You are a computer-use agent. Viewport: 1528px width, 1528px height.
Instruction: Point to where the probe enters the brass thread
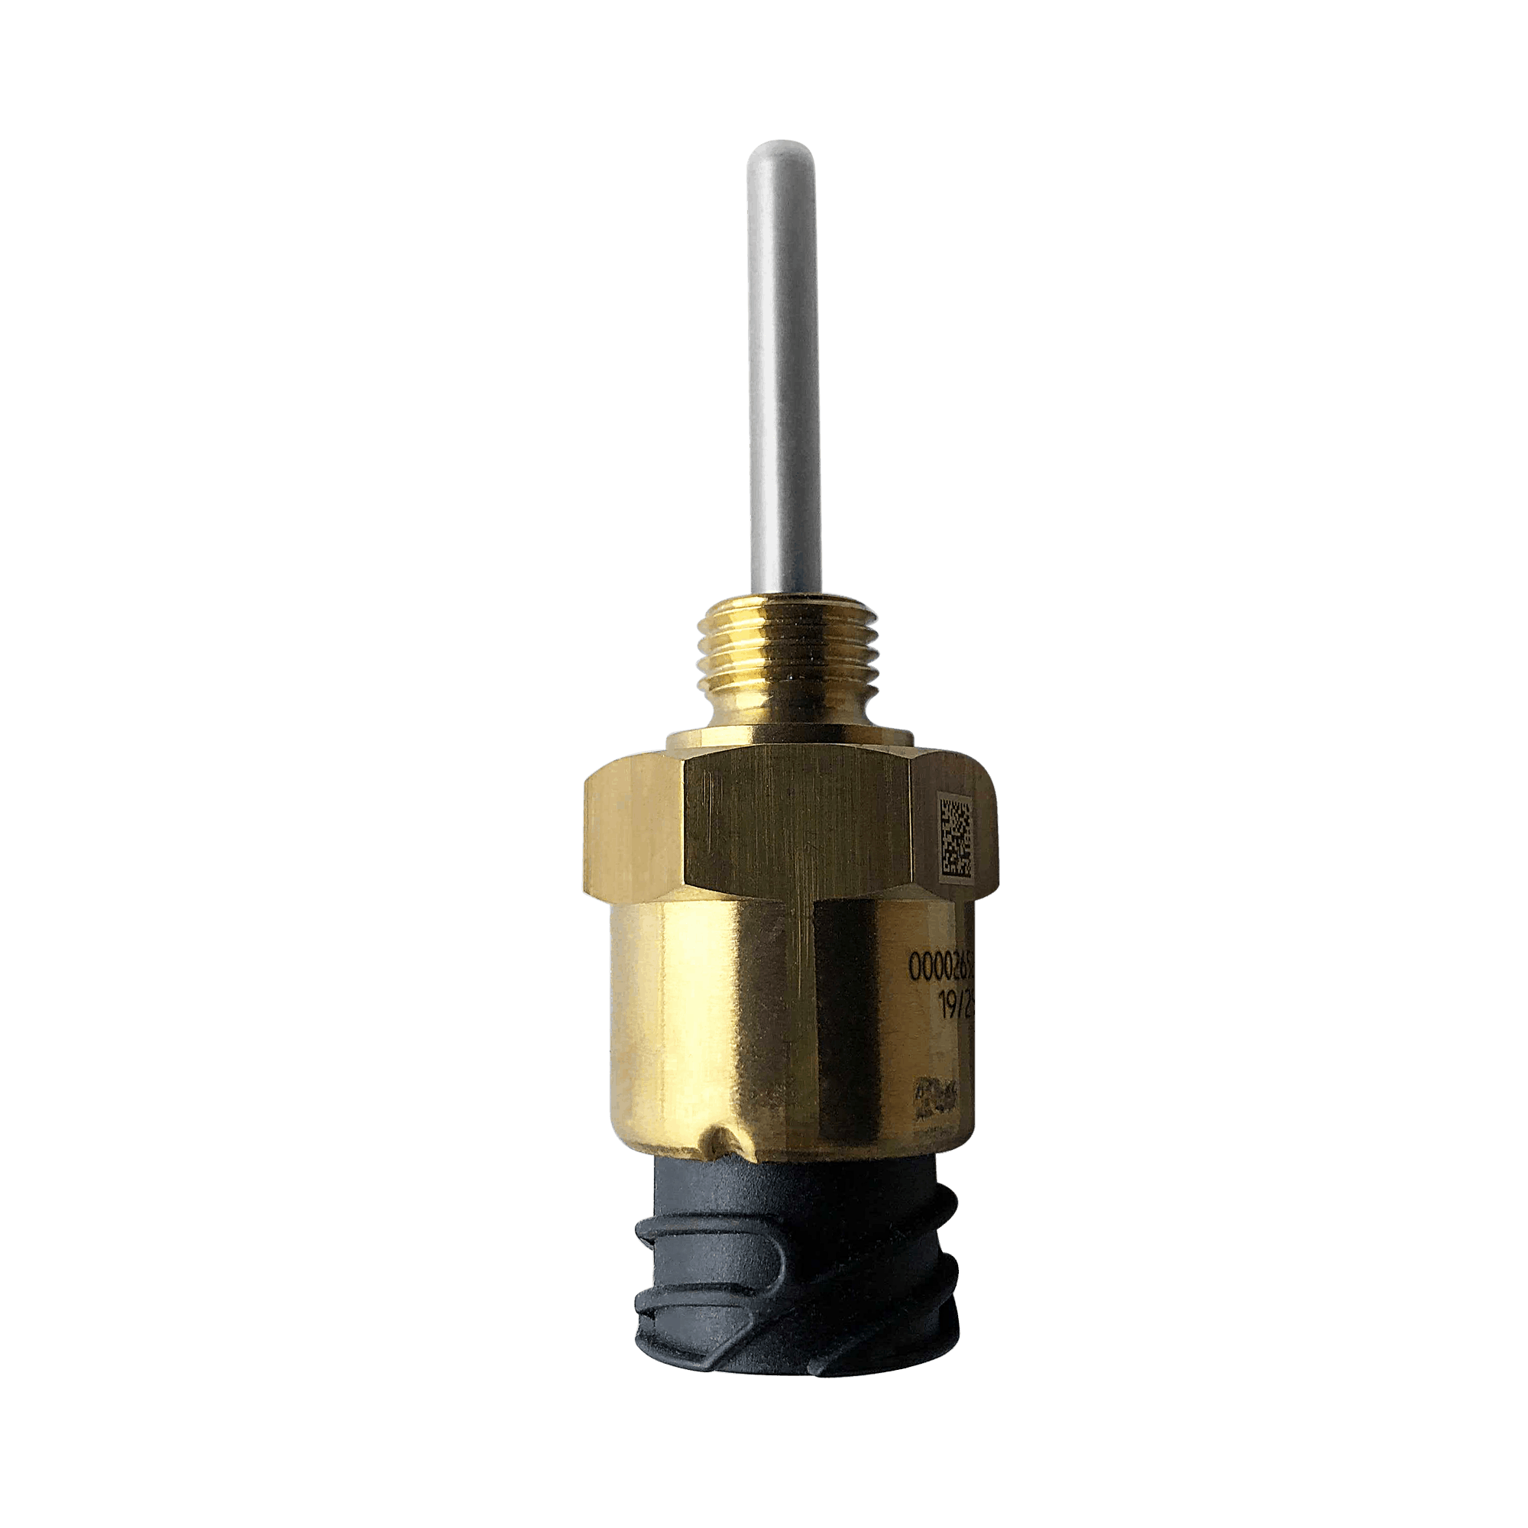coord(787,594)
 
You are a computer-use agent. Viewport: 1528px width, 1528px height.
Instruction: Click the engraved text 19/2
coord(953,1006)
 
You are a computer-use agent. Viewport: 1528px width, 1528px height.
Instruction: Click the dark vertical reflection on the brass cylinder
coord(850,1028)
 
